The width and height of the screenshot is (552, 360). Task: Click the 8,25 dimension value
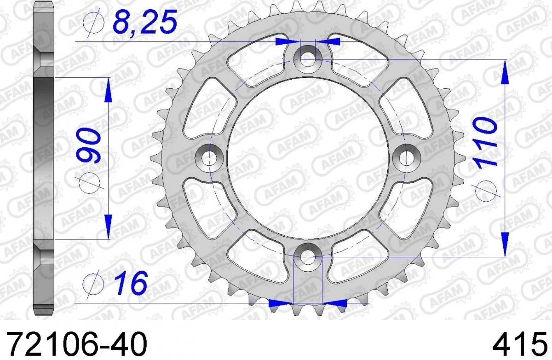tap(145, 22)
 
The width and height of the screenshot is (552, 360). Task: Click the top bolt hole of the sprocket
tap(307, 59)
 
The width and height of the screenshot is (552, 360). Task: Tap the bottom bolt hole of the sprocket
tap(307, 256)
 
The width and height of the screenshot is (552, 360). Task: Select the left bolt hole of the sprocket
tap(209, 158)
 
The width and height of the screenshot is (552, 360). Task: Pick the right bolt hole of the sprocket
tap(406, 158)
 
